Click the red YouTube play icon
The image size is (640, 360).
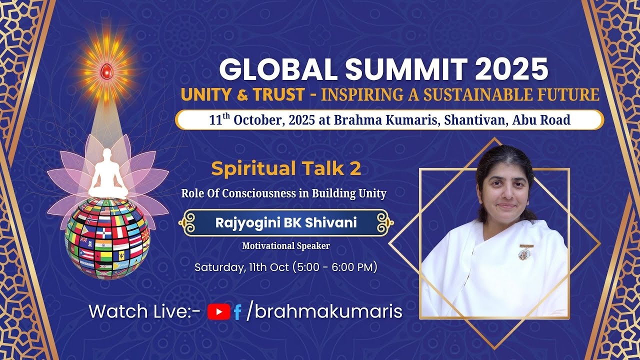(x=219, y=311)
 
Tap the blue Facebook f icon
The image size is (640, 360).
(x=237, y=312)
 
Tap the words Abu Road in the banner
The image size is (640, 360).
(x=541, y=119)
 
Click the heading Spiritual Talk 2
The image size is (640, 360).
(x=286, y=168)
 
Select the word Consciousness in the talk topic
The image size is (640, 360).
(x=259, y=193)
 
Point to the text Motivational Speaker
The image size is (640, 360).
(x=286, y=246)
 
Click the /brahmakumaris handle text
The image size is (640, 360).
(x=324, y=311)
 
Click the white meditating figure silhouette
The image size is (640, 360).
(x=107, y=174)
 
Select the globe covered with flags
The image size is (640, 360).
(x=107, y=238)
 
